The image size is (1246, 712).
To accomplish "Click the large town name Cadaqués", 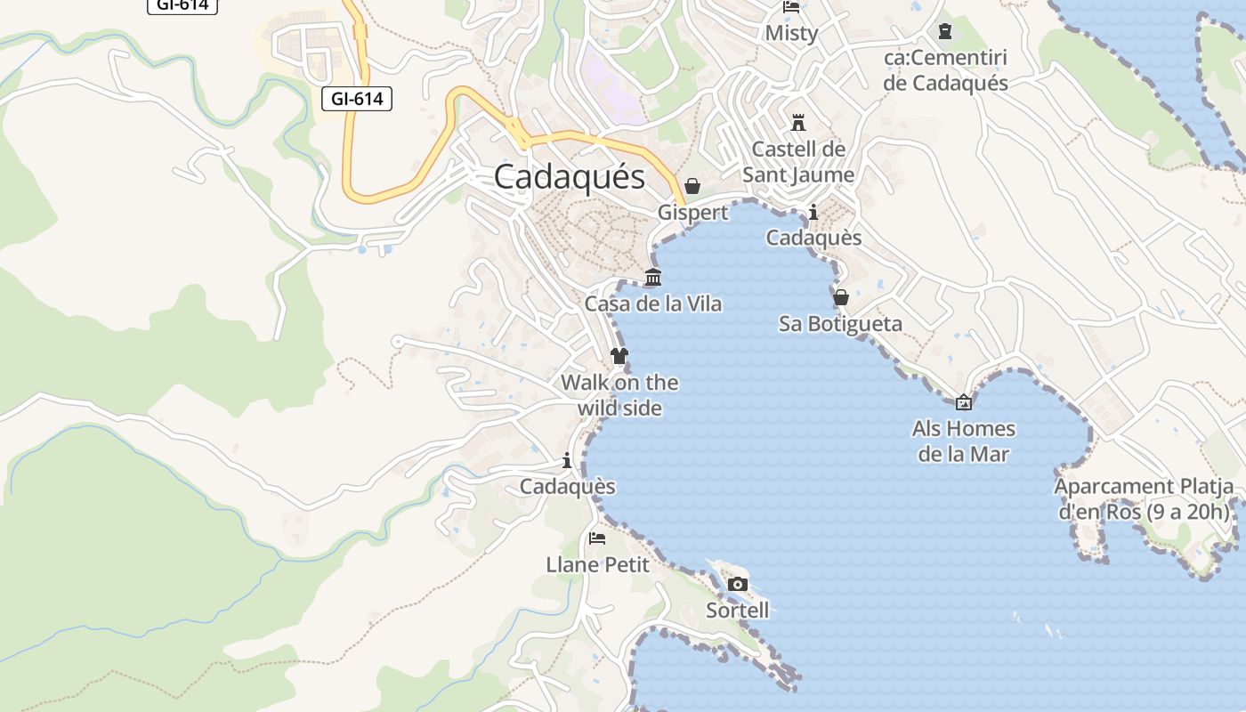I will coord(569,176).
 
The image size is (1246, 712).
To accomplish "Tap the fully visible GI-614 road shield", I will coord(357,99).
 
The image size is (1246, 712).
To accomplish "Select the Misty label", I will coord(791,33).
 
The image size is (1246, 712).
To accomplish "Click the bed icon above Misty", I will coord(791,7).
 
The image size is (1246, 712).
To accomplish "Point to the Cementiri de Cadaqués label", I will coord(945,70).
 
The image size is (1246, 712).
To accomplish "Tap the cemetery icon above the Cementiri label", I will coord(945,32).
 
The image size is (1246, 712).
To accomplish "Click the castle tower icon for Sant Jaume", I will coord(798,123).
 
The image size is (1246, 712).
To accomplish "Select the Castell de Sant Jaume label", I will coord(798,161).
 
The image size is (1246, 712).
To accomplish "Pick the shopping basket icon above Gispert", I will coord(692,186).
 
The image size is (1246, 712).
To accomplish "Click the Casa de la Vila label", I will coord(653,303).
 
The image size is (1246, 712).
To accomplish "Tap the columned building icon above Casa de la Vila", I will coord(653,278).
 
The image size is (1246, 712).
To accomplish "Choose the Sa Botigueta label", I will coord(840,323).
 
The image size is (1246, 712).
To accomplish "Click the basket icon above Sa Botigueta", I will coord(840,297).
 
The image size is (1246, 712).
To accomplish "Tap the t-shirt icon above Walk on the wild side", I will coord(619,357).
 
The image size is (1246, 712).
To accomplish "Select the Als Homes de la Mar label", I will coord(963,441).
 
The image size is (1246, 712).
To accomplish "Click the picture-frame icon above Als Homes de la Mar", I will coord(963,403).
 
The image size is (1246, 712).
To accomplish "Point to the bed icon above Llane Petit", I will coord(597,538).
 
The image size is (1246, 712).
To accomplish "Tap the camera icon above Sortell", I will coord(738,585).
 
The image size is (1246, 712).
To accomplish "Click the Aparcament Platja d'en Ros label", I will coord(1144,498).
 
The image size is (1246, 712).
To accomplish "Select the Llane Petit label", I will coord(597,564).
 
